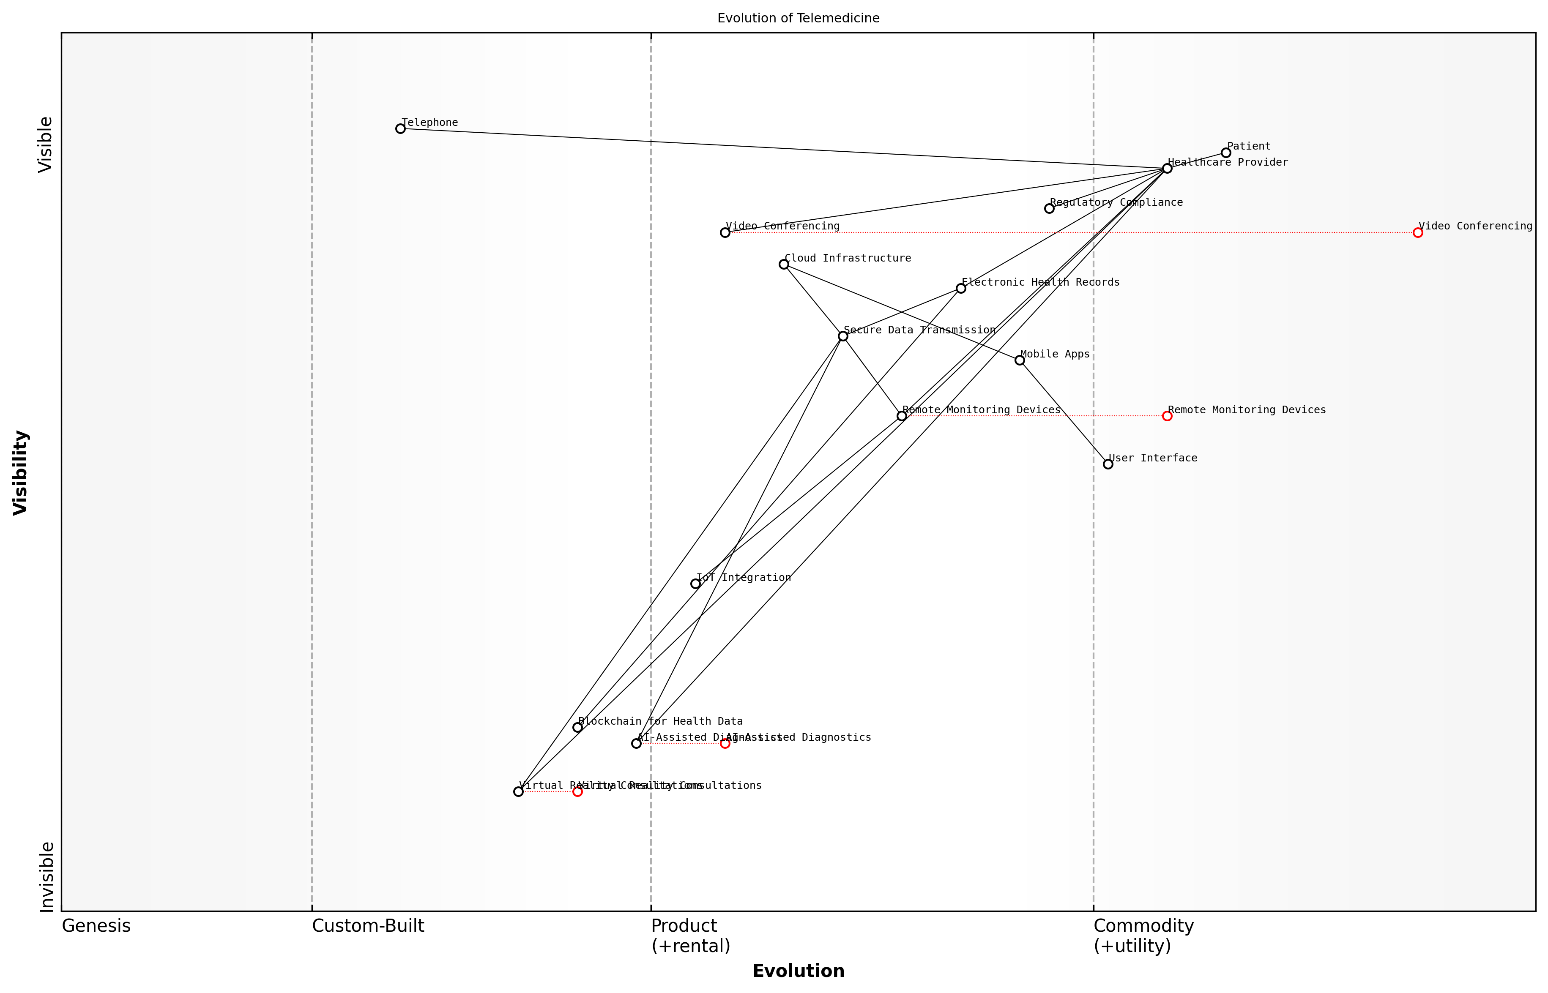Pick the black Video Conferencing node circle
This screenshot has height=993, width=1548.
[725, 233]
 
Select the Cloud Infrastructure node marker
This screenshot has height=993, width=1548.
[784, 265]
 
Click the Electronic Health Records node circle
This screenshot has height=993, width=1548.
[961, 288]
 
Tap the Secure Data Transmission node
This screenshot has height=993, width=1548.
[843, 336]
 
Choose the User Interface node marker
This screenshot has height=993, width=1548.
[1108, 464]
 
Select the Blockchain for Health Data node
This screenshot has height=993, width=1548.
[578, 727]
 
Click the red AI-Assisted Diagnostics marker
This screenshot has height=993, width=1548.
[725, 743]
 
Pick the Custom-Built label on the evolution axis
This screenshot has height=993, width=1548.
[368, 926]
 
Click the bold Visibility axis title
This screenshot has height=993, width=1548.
[21, 473]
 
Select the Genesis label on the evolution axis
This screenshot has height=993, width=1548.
[96, 926]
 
